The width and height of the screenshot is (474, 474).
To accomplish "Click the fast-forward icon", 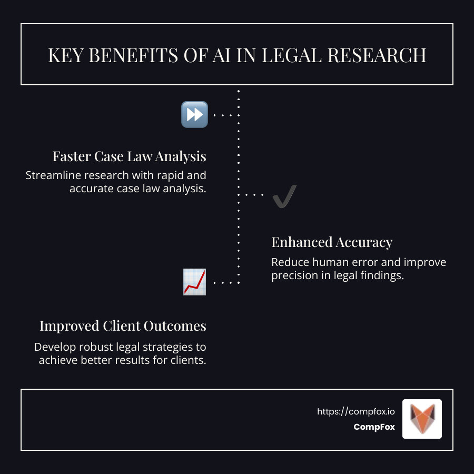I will coord(194,114).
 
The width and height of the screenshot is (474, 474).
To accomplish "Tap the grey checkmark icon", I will coord(285,196).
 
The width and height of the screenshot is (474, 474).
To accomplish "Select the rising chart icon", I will coord(194,282).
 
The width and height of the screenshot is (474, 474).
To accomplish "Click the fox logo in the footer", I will coord(422,419).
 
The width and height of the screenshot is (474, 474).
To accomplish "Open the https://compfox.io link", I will coord(356,411).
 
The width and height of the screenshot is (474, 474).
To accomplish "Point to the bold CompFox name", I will coord(374,427).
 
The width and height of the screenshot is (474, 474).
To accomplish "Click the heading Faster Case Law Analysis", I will coord(129,156).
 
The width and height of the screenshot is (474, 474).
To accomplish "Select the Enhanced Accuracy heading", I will coord(332,242).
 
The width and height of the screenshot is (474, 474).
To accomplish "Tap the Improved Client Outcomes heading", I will coord(123,326).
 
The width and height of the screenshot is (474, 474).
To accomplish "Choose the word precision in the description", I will coord(293,275).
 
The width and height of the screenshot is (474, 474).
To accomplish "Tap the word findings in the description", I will coord(383,275).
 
